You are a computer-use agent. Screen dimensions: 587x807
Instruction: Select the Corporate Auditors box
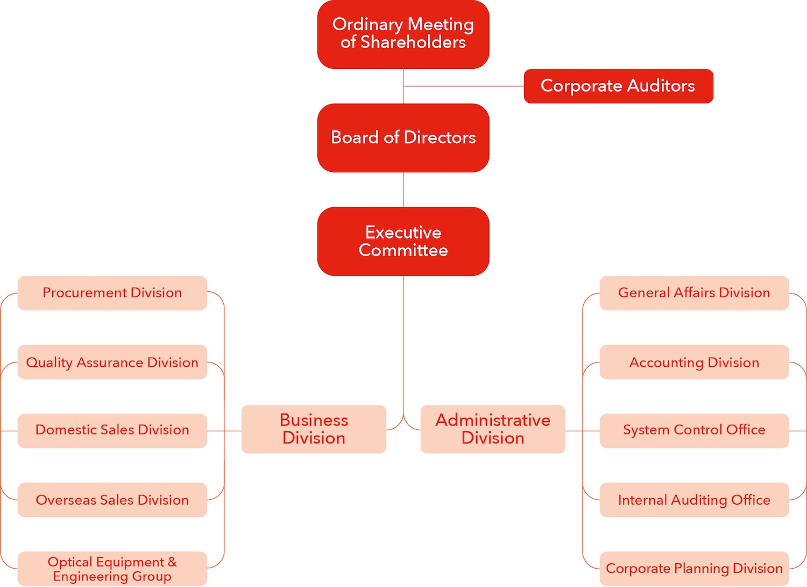point(618,86)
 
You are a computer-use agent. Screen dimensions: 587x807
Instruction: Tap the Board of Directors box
point(403,138)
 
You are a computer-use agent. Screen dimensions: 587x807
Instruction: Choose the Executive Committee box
point(403,241)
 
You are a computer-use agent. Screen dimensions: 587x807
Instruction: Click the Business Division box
point(314,429)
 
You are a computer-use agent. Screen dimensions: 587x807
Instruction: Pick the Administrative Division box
point(493,429)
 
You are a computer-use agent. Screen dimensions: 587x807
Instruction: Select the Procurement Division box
point(112,293)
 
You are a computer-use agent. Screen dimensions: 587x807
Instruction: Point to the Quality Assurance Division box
point(112,362)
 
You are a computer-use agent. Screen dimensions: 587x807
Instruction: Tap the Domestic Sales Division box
point(112,430)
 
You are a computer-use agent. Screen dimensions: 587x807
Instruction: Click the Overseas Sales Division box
point(112,500)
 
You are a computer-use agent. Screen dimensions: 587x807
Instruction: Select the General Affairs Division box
point(694,293)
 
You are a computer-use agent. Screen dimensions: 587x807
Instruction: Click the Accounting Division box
point(694,362)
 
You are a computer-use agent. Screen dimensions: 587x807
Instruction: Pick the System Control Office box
point(694,430)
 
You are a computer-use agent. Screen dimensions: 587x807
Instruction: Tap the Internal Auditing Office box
point(694,500)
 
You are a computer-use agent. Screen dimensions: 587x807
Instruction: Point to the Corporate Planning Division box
point(694,569)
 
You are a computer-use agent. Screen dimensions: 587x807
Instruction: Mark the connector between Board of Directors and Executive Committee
point(403,190)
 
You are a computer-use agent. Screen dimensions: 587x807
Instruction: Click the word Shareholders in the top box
point(413,42)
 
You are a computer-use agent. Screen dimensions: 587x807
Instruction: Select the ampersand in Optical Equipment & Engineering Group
point(172,562)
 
